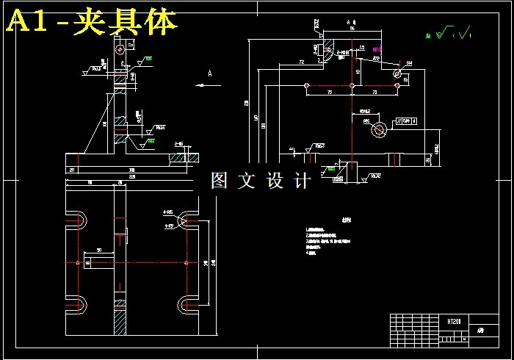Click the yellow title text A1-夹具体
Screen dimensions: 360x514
pos(92,22)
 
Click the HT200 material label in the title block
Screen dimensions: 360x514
pos(453,321)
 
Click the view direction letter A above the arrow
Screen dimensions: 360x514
pos(210,73)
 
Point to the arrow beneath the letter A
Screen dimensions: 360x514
pos(203,85)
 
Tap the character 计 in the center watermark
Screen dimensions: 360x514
pos(303,181)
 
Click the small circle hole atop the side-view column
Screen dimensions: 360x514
pos(119,51)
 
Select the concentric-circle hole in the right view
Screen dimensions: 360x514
pos(380,130)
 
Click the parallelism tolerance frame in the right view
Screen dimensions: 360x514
pos(406,120)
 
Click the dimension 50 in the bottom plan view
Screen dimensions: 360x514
pos(98,250)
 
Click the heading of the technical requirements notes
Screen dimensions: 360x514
pos(325,220)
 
